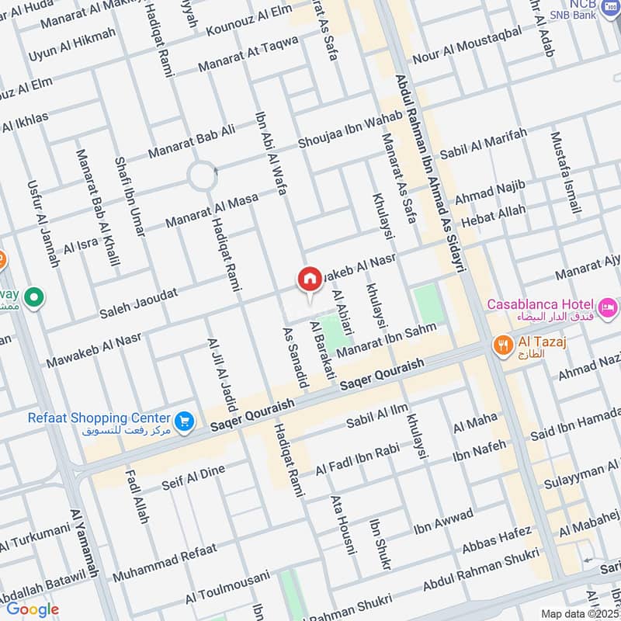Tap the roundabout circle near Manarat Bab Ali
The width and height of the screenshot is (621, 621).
coord(202,176)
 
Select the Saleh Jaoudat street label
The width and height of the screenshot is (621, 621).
coord(139,303)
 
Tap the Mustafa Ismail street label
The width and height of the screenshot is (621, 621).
coord(565,173)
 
